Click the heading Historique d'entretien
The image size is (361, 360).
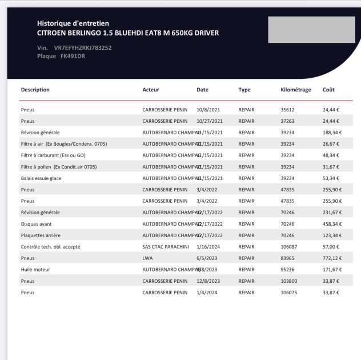(73, 23)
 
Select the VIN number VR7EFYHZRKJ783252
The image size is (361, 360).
(82, 47)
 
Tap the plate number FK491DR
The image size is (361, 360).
(73, 56)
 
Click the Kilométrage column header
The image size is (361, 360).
(296, 90)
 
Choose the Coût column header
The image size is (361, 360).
(328, 90)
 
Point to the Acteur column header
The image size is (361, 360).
(151, 90)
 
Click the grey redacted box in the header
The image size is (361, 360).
(311, 30)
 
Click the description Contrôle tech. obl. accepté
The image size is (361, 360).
(50, 247)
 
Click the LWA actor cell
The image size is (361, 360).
(147, 258)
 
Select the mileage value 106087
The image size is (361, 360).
(289, 247)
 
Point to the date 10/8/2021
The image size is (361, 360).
(208, 110)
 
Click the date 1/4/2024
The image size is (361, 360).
(206, 293)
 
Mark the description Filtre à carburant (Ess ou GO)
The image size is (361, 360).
(53, 155)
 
